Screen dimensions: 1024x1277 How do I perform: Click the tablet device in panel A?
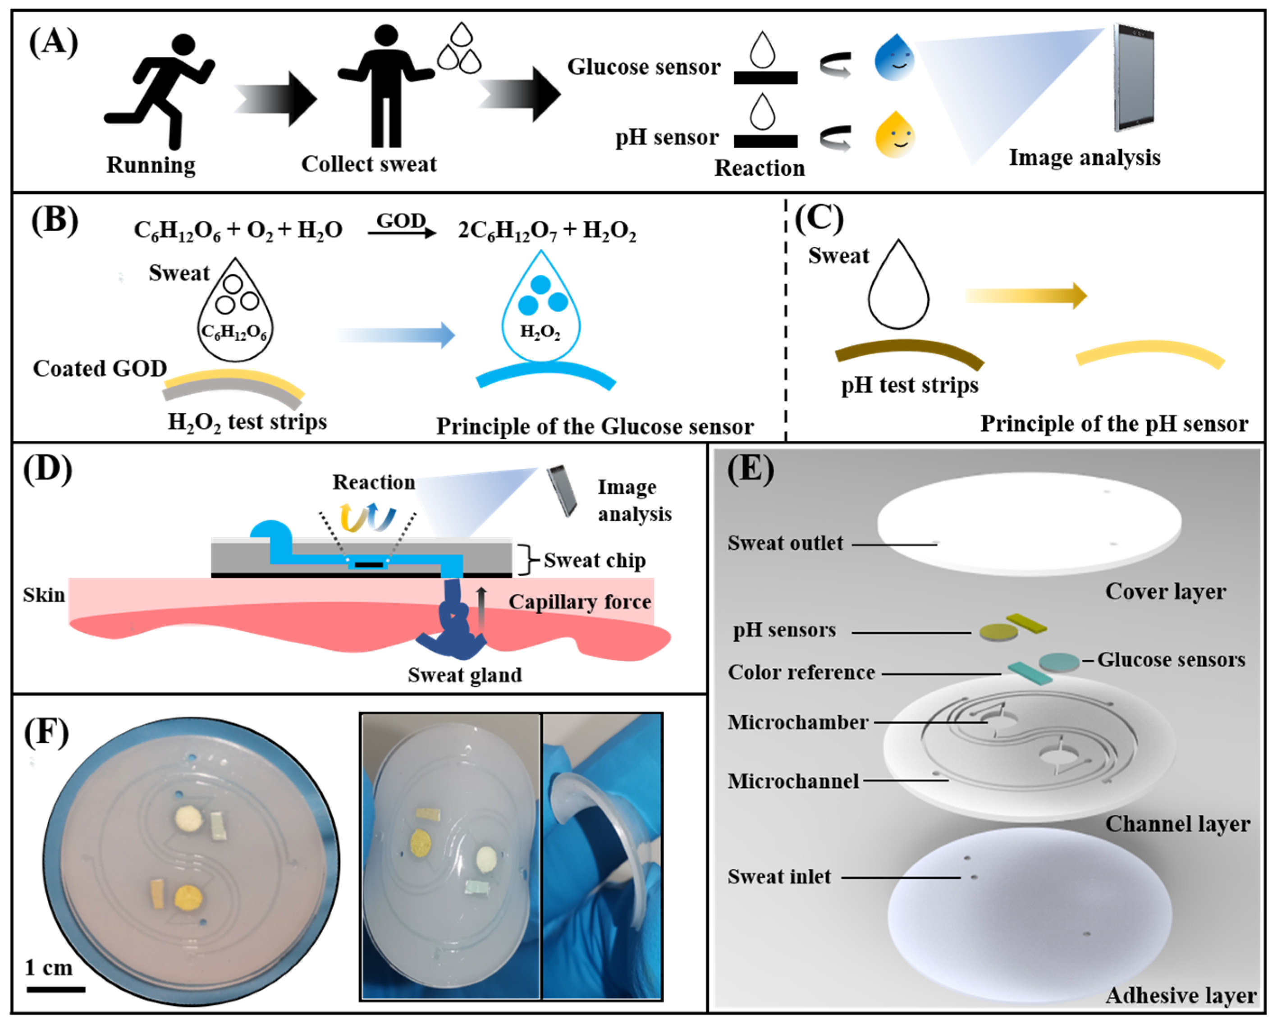click(1133, 77)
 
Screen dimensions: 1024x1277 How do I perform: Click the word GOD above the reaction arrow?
click(401, 220)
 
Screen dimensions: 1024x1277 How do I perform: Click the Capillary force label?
click(580, 602)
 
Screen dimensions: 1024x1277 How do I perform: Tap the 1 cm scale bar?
click(56, 988)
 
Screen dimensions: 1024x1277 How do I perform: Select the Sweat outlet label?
click(785, 543)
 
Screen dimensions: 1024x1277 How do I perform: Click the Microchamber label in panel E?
click(797, 722)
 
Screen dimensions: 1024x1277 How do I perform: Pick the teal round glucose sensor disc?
click(1059, 662)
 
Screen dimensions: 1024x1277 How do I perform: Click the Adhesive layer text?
click(1181, 996)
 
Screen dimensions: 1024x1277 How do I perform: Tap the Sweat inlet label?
click(779, 877)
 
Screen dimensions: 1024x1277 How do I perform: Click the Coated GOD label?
click(100, 368)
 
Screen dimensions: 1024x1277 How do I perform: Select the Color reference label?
click(801, 672)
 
